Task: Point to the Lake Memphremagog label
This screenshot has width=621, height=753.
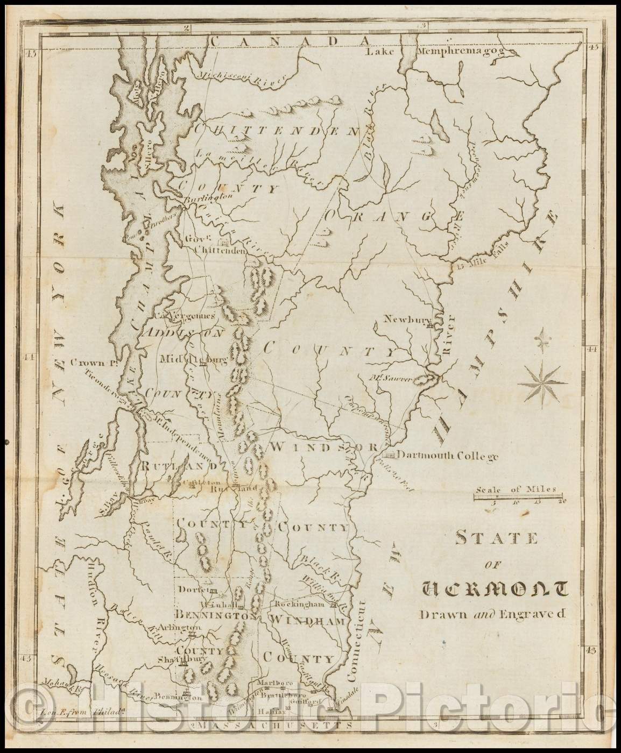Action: (441, 52)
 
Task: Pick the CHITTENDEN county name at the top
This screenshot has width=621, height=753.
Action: (276, 129)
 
